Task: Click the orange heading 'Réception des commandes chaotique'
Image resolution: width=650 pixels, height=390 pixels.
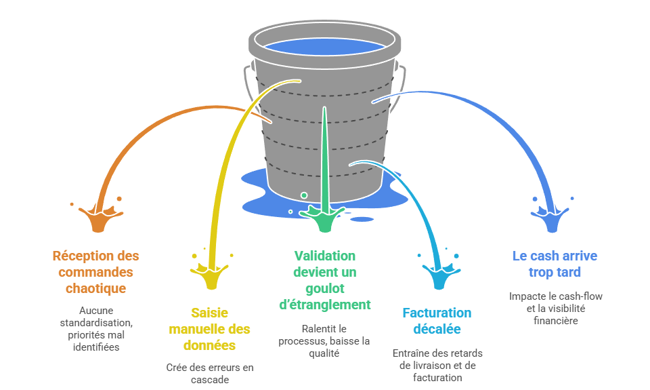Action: pos(95,272)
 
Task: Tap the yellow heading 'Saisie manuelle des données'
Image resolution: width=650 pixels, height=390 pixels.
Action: pos(209,328)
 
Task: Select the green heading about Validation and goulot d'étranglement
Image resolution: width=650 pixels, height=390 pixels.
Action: pos(324,280)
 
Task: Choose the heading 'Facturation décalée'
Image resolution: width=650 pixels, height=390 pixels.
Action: pos(437,321)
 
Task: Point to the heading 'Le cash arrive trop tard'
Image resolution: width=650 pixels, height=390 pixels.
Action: pos(555,264)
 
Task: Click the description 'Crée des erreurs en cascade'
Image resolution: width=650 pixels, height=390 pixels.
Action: pos(209,374)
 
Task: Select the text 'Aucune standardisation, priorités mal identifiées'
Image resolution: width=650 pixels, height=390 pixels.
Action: pos(95,328)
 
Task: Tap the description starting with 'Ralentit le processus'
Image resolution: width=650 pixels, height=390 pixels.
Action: pos(324,340)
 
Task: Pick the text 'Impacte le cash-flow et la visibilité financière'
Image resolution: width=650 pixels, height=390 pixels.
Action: pos(555,308)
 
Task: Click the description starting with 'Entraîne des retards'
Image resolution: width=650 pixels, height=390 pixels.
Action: pos(437,365)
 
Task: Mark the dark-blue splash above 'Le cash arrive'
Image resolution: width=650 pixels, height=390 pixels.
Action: pos(552,218)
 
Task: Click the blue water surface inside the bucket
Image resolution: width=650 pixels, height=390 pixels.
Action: pos(324,47)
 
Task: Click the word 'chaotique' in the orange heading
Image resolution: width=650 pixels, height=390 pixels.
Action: pos(95,288)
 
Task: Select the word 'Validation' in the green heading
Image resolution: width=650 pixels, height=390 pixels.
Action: pos(324,256)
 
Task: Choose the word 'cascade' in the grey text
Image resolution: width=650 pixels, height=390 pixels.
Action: pos(209,380)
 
